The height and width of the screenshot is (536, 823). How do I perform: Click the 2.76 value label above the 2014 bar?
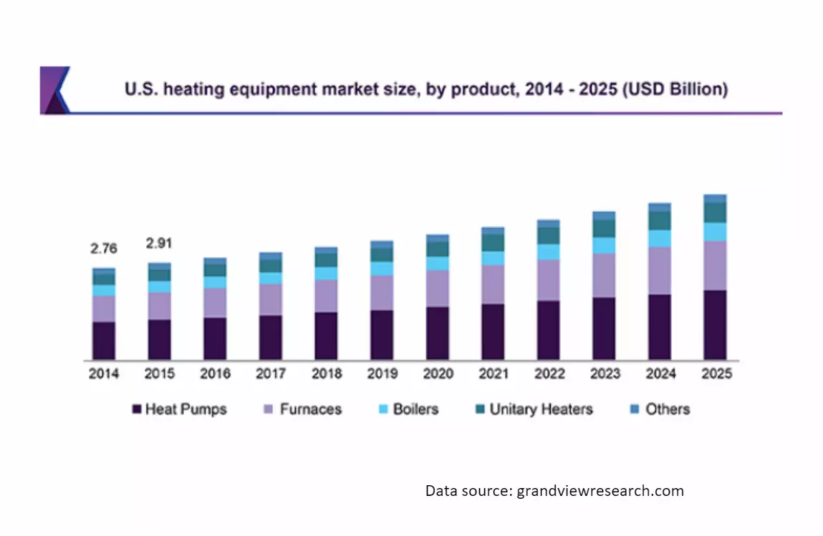(x=103, y=249)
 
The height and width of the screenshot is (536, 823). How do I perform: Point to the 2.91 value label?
(x=160, y=243)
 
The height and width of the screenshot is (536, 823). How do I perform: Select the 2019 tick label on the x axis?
(x=382, y=374)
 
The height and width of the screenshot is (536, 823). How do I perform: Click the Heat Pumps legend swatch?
(x=136, y=410)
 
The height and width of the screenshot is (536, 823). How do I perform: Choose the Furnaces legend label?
(x=310, y=410)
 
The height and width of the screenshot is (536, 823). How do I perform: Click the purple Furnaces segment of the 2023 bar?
(x=604, y=276)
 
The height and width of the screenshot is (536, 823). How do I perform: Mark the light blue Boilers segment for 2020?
(x=438, y=263)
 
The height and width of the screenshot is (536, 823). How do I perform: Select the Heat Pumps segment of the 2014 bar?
(x=103, y=341)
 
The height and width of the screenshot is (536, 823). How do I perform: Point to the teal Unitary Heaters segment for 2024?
(x=660, y=220)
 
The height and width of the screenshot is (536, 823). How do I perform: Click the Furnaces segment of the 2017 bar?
(x=271, y=300)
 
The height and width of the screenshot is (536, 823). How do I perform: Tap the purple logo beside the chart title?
(x=54, y=90)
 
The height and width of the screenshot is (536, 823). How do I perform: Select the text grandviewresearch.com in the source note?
(x=600, y=491)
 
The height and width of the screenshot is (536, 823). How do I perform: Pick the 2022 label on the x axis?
(x=549, y=374)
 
